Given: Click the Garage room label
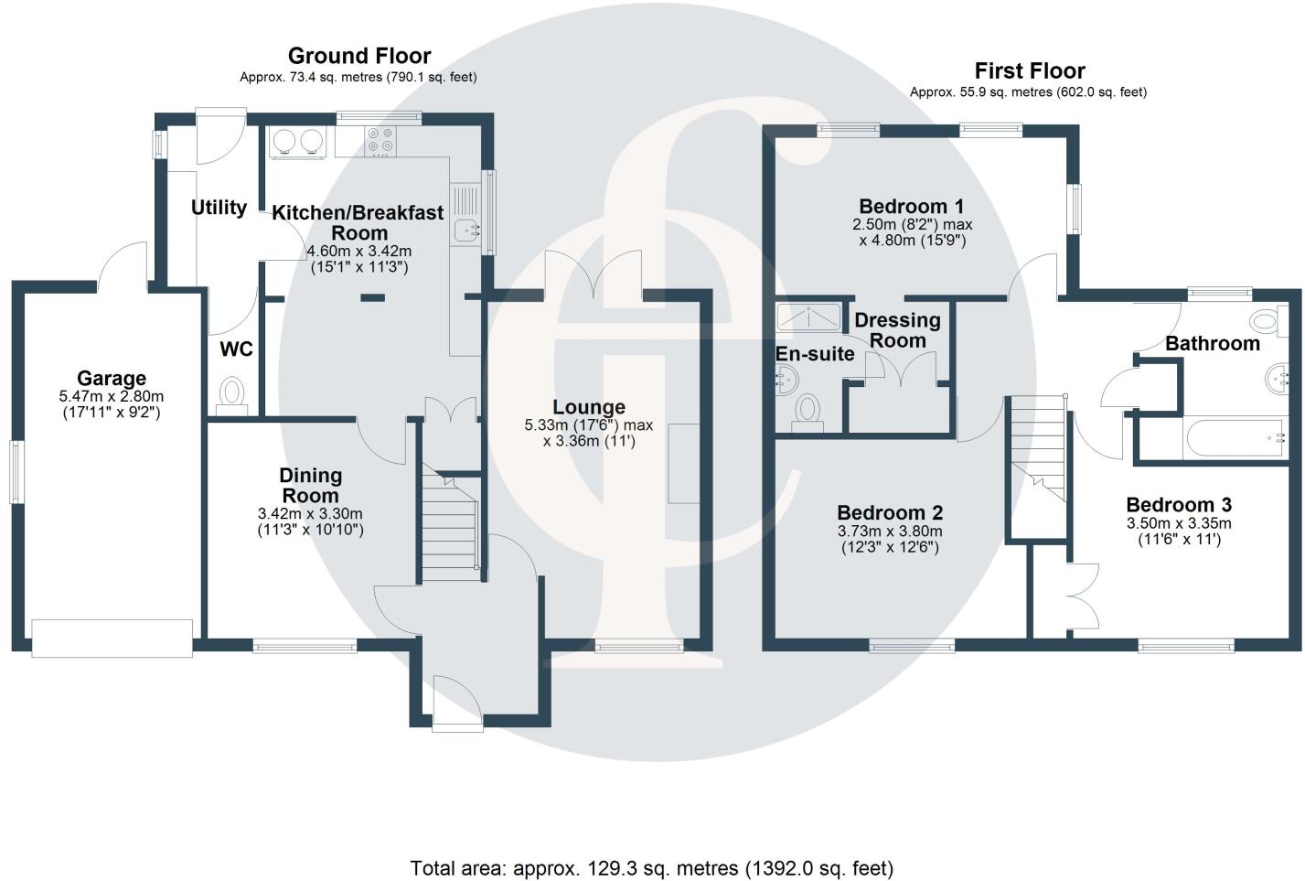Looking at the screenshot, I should tap(112, 378).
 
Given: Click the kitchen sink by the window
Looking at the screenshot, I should tap(465, 220).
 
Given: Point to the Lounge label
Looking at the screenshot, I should tap(589, 407).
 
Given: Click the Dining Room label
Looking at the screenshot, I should tap(311, 485).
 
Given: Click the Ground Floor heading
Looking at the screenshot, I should tap(359, 57).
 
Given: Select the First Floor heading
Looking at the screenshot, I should tap(1030, 70).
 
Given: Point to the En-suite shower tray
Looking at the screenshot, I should tap(809, 317).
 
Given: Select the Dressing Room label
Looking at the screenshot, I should tap(897, 329).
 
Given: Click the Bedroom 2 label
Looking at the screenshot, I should tap(890, 512).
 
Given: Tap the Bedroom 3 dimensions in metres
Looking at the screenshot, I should tap(1179, 523).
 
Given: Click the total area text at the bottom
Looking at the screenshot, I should tap(652, 867).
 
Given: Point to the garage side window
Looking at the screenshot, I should tap(16, 471).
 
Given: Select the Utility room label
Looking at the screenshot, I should tap(219, 208).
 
